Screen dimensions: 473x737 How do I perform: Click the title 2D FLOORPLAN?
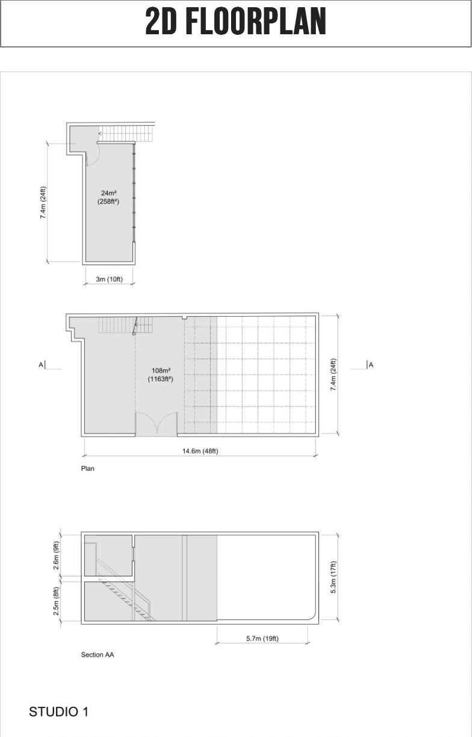235,22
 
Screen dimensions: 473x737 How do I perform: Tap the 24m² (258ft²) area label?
108,197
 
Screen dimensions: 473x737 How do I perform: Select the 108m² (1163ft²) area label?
161,375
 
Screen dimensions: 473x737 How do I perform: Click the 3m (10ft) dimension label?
110,279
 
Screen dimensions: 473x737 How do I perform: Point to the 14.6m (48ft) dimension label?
200,451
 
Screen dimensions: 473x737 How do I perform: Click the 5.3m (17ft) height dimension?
333,577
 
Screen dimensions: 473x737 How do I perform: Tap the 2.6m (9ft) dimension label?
56,555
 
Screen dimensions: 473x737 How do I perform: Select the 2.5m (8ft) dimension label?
56,601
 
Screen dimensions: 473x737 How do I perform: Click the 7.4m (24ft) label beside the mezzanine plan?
43,203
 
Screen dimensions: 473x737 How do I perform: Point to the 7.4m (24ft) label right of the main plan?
333,375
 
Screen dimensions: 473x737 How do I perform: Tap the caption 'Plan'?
88,468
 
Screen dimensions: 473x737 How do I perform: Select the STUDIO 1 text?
58,712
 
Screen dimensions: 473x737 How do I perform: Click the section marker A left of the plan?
41,364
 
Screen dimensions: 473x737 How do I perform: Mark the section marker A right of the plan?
371,364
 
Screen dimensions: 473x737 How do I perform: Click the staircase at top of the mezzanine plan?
126,133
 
